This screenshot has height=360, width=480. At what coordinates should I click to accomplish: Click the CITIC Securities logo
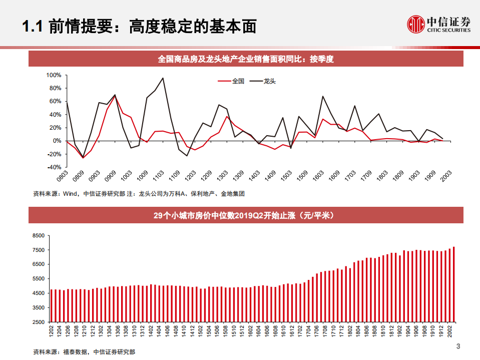[x=438, y=24]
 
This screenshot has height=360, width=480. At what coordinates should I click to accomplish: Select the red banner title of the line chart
[x=246, y=59]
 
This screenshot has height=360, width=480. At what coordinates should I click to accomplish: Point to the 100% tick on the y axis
[x=53, y=75]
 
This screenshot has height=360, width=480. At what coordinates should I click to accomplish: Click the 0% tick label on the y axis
[x=57, y=141]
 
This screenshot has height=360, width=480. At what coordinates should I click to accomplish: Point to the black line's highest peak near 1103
[x=163, y=78]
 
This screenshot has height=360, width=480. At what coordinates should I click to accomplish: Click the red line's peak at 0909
[x=115, y=96]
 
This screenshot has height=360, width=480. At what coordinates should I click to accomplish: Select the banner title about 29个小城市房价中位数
[x=246, y=216]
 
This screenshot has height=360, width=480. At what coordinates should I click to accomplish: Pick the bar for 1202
[x=52, y=305]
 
